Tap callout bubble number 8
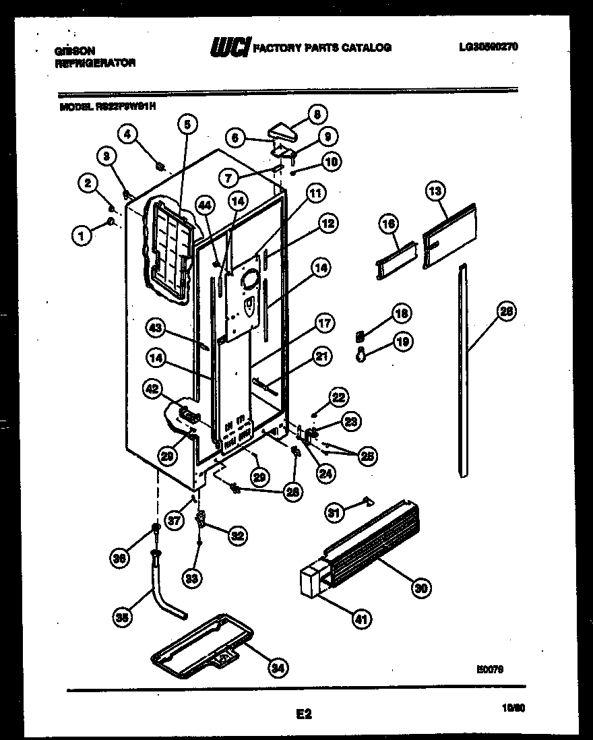click(x=317, y=114)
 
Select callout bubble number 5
click(x=188, y=123)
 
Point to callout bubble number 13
click(x=436, y=192)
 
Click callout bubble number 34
click(x=276, y=668)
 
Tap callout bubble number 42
click(x=152, y=389)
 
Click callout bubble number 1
click(x=82, y=235)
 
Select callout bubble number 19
click(x=402, y=342)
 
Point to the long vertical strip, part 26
click(x=462, y=371)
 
